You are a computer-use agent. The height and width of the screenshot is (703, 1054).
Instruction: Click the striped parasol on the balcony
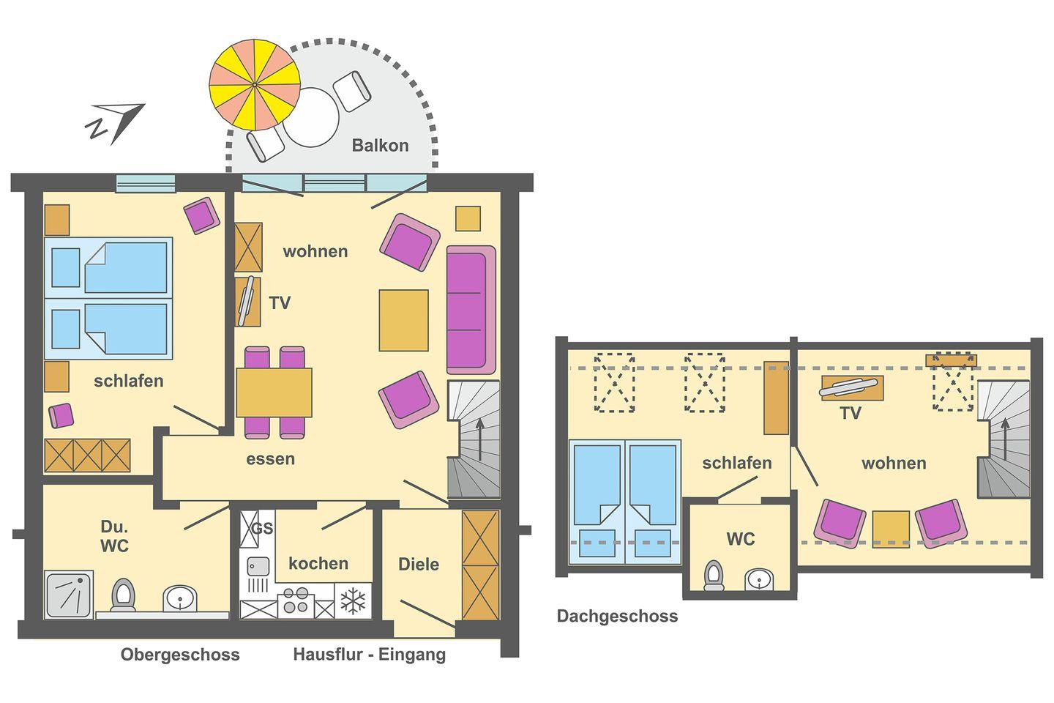[x=255, y=85]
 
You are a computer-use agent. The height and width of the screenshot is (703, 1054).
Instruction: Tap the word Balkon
[x=380, y=146]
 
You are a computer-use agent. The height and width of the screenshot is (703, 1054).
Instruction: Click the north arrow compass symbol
[x=116, y=123]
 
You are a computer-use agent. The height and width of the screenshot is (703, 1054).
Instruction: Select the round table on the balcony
[x=311, y=117]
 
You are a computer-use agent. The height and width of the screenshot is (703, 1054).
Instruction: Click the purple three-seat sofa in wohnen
[x=471, y=310]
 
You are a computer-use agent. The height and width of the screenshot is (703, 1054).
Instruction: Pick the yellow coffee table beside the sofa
[x=404, y=320]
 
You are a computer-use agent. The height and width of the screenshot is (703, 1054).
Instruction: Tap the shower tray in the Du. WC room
[x=69, y=595]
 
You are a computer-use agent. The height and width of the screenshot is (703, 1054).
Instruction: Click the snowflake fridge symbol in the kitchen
[x=353, y=601]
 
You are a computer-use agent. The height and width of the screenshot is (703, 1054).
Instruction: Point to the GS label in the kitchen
[x=262, y=528]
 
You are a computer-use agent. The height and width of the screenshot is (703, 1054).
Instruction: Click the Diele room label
[x=419, y=564]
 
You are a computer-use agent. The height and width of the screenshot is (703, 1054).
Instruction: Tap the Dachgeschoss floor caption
[x=617, y=616]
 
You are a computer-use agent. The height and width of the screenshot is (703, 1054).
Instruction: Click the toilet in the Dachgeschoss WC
[x=714, y=575]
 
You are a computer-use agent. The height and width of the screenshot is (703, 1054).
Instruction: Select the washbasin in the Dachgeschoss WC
[x=759, y=579]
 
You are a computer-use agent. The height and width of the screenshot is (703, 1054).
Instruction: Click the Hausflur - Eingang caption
[x=370, y=655]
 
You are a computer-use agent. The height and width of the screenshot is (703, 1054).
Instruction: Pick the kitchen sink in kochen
[x=258, y=566]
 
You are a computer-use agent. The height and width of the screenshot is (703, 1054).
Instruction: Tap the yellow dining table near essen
[x=274, y=393]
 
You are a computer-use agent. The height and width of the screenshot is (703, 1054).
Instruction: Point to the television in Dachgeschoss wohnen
[x=849, y=387]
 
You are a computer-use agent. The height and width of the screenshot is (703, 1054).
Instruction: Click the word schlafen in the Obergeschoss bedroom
[x=129, y=381]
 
